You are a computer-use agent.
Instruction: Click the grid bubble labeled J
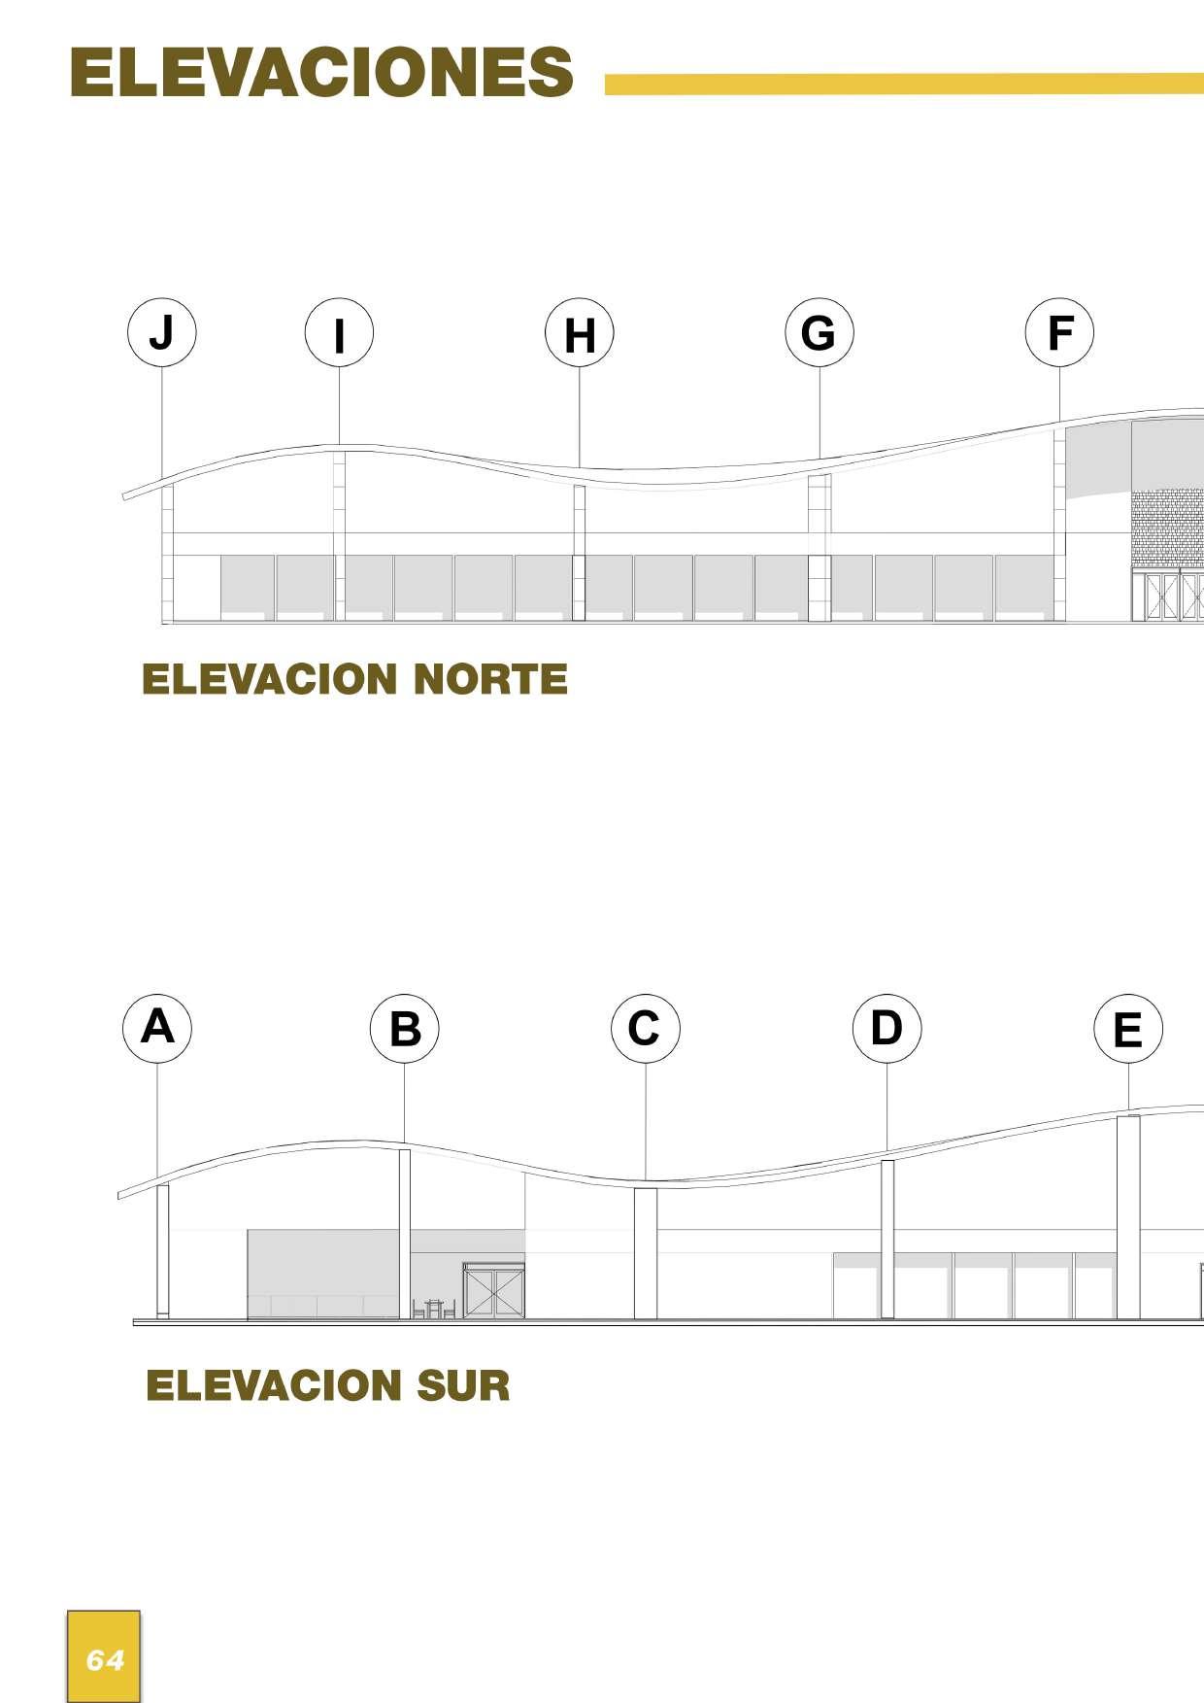(x=162, y=332)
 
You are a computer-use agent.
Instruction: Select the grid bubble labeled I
(x=339, y=333)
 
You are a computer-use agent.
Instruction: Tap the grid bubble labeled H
(x=580, y=333)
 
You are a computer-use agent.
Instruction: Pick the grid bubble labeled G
(x=819, y=332)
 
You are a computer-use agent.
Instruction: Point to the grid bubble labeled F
(x=1059, y=332)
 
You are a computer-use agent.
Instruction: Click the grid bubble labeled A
(x=157, y=1028)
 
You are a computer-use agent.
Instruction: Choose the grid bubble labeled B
(x=405, y=1029)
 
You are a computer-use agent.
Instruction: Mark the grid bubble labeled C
(x=646, y=1029)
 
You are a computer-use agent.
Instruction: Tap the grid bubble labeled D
(x=886, y=1029)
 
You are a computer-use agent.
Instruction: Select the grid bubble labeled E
(x=1127, y=1029)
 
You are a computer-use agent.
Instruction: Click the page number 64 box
(x=104, y=1656)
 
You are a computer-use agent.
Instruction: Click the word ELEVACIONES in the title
(x=321, y=73)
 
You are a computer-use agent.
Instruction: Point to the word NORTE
(x=489, y=679)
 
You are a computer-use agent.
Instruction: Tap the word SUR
(x=463, y=1385)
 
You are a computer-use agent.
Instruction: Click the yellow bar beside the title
(x=903, y=85)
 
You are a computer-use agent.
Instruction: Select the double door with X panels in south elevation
(x=493, y=1290)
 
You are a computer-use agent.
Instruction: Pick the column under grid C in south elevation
(x=646, y=1253)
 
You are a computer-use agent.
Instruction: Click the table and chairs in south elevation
(x=434, y=1309)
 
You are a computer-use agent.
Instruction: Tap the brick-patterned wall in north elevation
(x=1166, y=529)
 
